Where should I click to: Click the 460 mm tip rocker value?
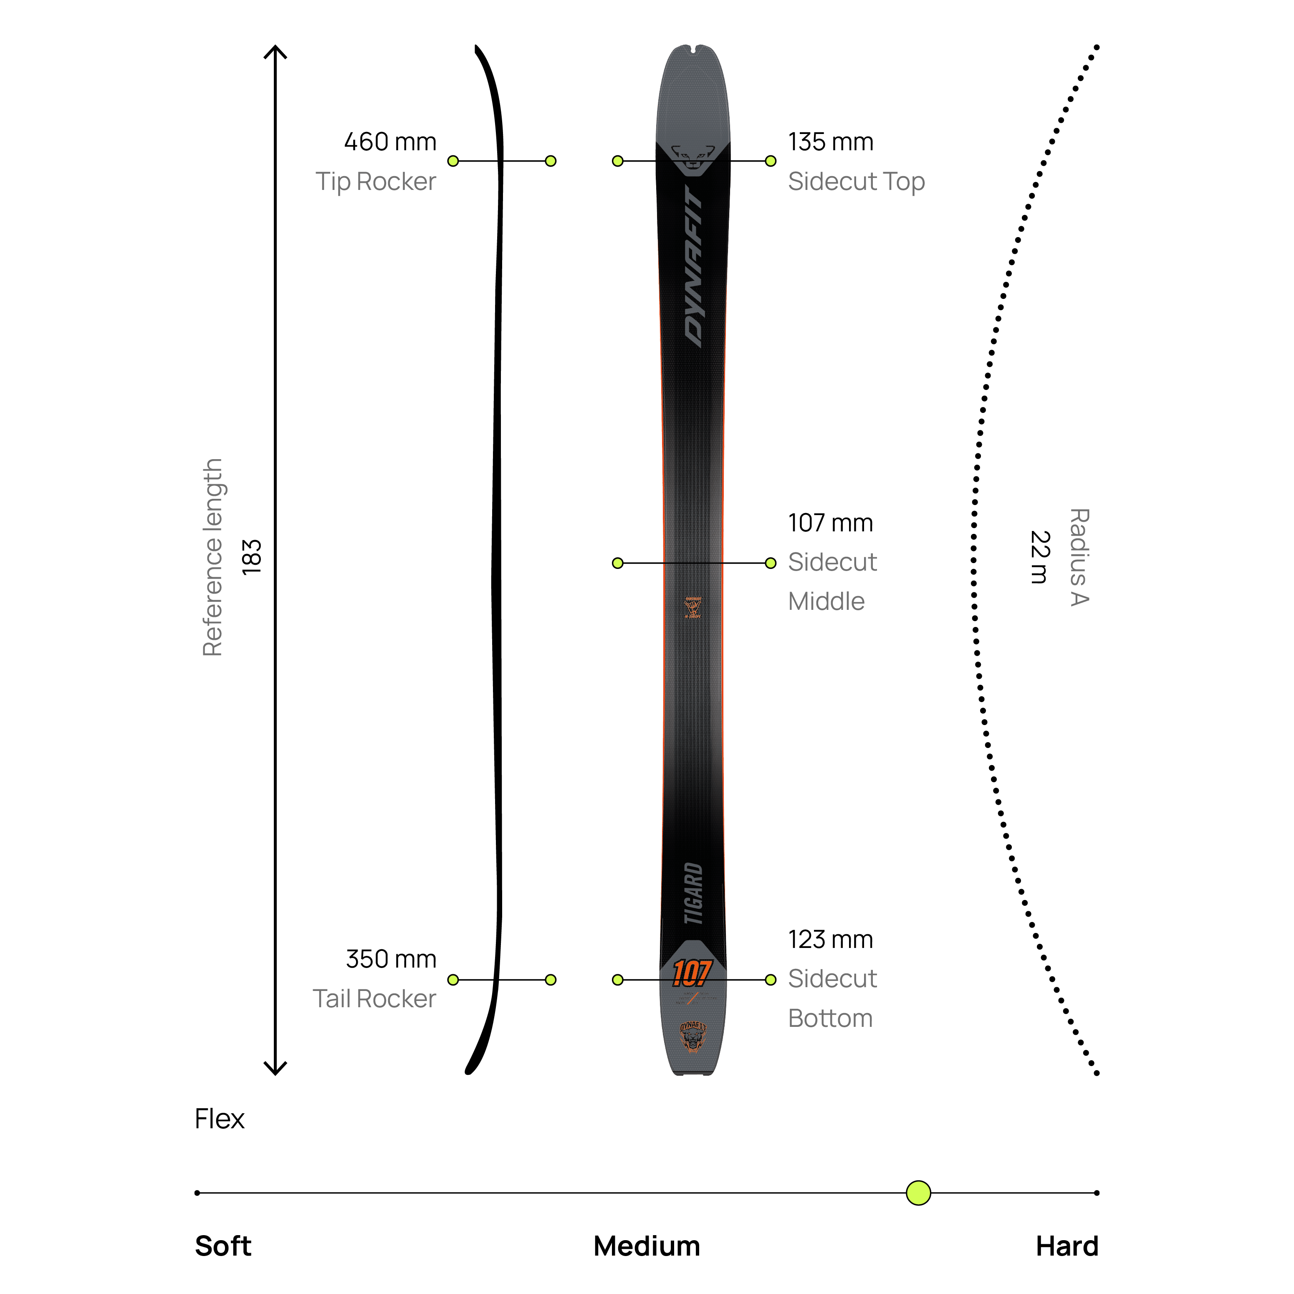[x=390, y=142]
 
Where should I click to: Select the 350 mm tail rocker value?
[x=391, y=959]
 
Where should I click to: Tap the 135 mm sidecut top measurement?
[x=831, y=142]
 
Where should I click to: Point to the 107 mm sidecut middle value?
[x=831, y=523]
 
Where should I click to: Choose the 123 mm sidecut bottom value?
[x=831, y=940]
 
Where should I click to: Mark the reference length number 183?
[x=252, y=557]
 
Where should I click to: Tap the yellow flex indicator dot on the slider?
[x=918, y=1193]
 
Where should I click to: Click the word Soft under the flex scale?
[x=223, y=1246]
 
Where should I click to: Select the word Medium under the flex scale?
[x=646, y=1246]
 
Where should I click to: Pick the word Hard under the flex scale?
[x=1067, y=1246]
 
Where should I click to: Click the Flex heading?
[x=220, y=1119]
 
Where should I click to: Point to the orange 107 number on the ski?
[x=691, y=973]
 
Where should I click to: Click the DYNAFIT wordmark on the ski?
[x=693, y=267]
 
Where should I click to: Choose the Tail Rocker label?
[x=374, y=998]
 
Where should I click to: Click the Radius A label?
[x=1079, y=557]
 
